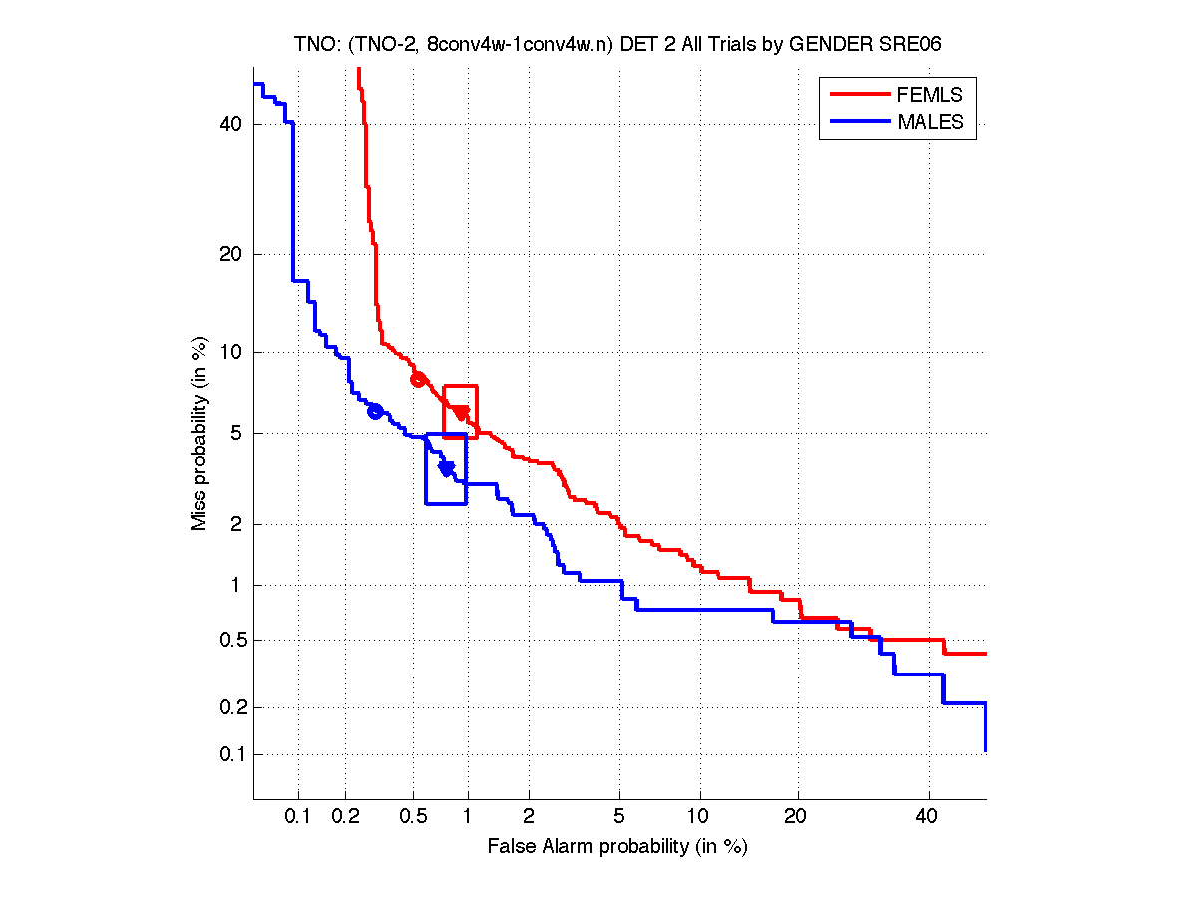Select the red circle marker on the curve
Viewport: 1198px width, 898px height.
coord(418,379)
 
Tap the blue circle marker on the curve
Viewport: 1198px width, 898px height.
coord(375,411)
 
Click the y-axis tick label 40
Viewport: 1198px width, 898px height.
coord(232,124)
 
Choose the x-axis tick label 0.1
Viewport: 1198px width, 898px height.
coord(298,817)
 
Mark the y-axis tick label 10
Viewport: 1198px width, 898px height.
coord(232,352)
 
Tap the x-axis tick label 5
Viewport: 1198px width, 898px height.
coord(619,817)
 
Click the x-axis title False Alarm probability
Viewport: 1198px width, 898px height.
coord(617,847)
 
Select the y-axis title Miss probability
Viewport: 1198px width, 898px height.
coord(200,433)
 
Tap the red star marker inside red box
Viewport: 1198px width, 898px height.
coord(461,412)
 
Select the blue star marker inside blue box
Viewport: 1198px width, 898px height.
coord(447,467)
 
